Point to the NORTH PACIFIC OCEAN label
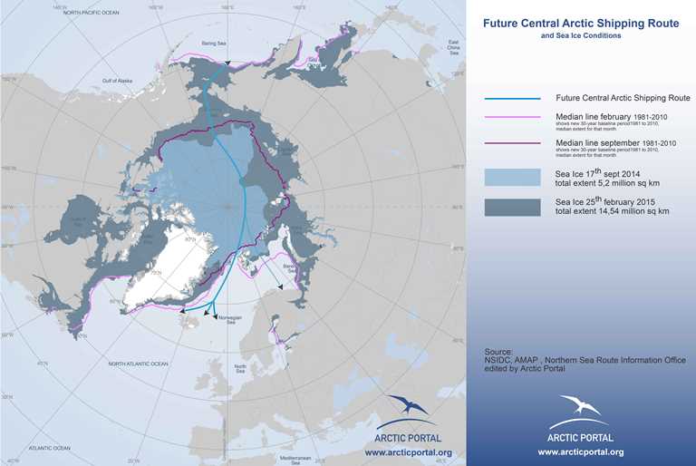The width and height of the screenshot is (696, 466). point(85,12)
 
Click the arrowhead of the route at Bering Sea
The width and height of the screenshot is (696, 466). point(228,63)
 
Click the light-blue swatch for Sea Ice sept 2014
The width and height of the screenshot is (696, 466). point(512,176)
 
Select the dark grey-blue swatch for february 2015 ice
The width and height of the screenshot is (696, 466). point(512,208)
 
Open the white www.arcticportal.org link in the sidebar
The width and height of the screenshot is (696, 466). point(580,451)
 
